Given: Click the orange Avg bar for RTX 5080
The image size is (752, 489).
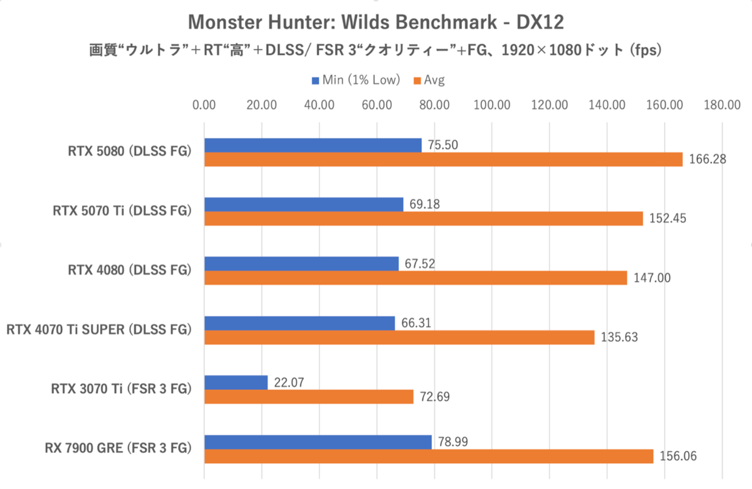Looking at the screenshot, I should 442,159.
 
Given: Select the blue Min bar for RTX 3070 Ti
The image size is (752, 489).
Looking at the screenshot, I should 236,382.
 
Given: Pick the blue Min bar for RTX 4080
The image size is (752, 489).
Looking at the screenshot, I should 301,263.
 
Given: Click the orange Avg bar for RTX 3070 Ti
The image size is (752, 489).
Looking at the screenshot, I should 309,396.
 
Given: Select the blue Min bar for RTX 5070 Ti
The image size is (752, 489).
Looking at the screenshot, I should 304,204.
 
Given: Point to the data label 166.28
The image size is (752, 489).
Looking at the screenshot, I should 707,159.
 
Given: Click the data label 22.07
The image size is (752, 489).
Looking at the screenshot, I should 289,382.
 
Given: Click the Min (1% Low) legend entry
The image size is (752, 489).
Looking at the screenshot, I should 355,80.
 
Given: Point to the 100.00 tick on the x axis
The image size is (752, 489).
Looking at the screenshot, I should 492,105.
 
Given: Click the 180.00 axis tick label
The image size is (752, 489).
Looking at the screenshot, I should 723,105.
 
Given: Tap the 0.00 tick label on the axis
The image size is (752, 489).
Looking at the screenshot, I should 204,105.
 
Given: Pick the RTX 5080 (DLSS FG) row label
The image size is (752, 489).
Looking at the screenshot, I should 129,151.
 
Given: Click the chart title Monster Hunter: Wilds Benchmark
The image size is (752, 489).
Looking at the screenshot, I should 376,23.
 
